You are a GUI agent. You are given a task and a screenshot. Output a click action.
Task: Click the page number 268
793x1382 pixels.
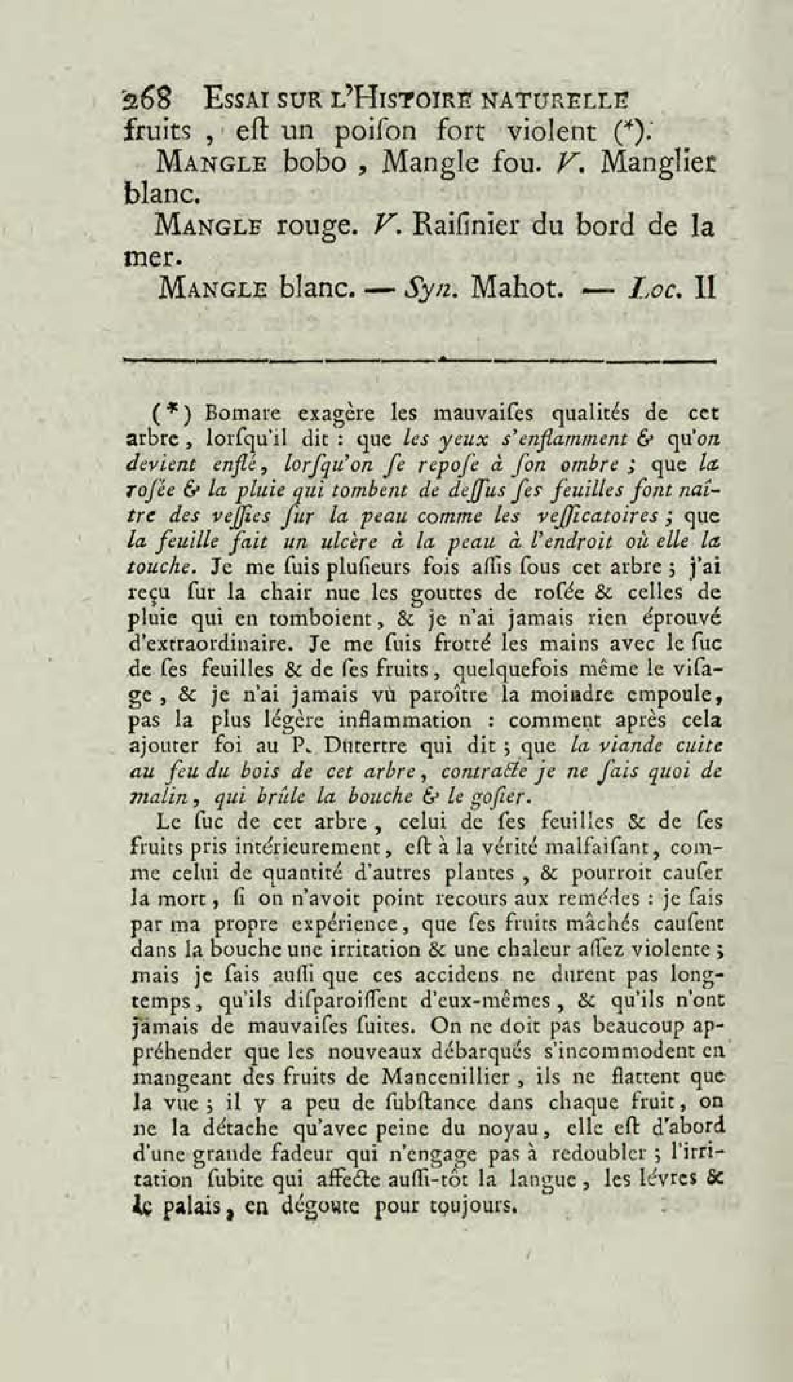click(x=145, y=101)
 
